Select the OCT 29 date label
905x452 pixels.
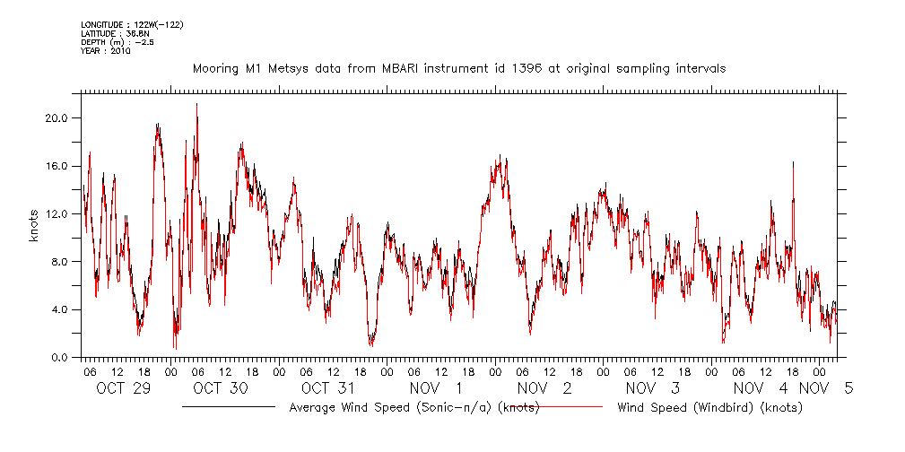point(123,388)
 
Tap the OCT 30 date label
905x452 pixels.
point(221,388)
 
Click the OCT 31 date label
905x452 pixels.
point(328,388)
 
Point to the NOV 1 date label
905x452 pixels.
point(436,388)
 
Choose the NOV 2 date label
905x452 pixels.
point(544,388)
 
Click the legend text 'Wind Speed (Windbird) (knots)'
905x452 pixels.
point(709,407)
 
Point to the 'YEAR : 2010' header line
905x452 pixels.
point(105,51)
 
